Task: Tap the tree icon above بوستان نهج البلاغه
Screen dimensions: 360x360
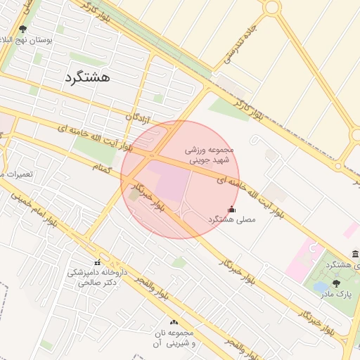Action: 22,30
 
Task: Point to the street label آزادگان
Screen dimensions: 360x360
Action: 139,117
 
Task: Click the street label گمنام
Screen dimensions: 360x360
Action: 103,166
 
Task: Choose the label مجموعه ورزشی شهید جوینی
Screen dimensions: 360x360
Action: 208,155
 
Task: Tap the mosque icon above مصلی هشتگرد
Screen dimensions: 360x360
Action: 232,209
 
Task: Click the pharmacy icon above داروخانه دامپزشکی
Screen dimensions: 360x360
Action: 97,262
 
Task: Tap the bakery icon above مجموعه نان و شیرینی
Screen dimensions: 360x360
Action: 174,323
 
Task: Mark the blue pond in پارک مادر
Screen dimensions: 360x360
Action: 321,288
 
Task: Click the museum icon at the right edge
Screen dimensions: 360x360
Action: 355,254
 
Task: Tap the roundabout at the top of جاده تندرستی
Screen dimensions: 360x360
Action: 271,7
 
